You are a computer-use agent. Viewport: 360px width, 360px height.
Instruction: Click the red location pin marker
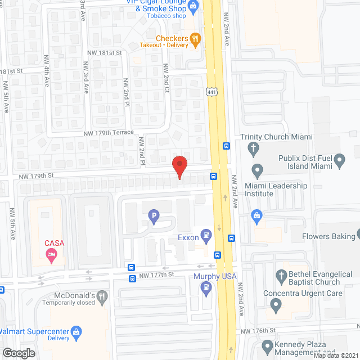[179, 167]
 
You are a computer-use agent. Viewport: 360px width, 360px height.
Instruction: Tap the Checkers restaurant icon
[195, 38]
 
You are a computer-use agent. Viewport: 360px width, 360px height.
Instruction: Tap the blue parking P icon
[152, 214]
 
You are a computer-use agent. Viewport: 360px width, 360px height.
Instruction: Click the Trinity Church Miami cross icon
[254, 148]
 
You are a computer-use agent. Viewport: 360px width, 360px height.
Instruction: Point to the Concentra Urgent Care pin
[276, 305]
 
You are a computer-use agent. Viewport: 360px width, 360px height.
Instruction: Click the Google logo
[19, 353]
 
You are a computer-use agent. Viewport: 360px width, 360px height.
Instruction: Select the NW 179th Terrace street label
[109, 133]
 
